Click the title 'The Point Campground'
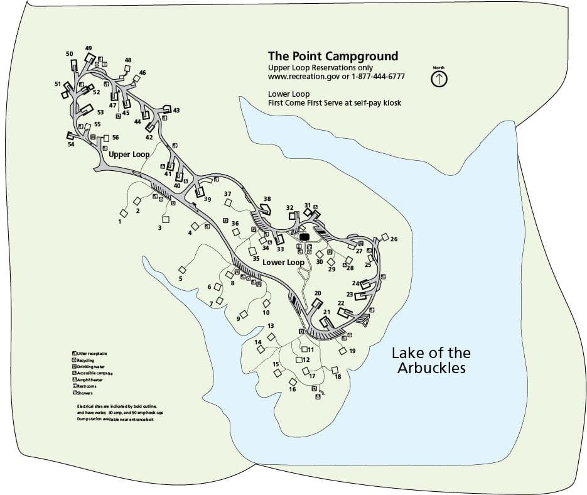point(333,56)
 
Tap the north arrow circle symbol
point(439,79)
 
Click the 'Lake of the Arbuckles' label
point(431,361)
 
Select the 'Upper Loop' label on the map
point(129,155)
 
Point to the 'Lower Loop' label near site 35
point(283,263)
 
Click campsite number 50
point(70,54)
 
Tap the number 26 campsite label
point(394,239)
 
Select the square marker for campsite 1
point(124,214)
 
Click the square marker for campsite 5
point(182,269)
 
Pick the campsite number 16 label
point(292,389)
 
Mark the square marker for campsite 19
point(343,351)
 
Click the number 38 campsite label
point(267,199)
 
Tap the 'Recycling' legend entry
point(85,361)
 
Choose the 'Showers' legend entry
point(85,393)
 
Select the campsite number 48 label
point(128,60)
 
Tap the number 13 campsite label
point(271,326)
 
